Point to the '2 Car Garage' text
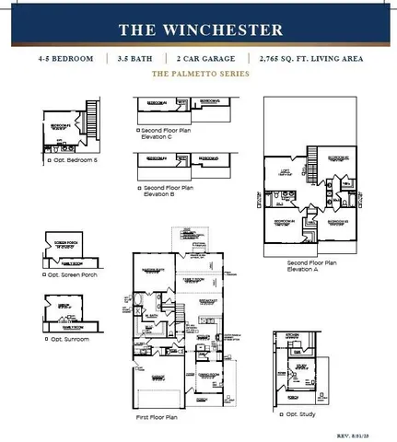[206, 58]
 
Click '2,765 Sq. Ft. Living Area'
[311, 58]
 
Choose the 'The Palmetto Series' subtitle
[198, 73]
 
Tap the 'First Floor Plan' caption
[156, 418]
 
